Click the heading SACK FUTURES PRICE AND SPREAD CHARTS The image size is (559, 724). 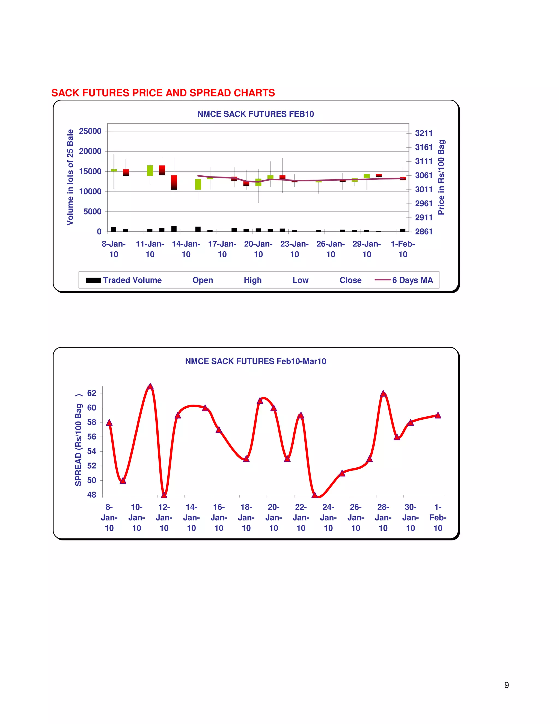pos(163,93)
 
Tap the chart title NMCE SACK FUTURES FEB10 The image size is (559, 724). pos(255,114)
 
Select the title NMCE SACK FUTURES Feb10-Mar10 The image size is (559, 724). pos(255,361)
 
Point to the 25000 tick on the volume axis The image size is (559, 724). pos(90,131)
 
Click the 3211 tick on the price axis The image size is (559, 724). pos(424,133)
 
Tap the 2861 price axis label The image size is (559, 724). pos(424,231)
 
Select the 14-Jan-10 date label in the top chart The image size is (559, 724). pos(186,249)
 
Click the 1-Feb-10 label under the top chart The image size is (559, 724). pos(403,249)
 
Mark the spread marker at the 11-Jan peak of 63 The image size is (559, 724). pos(150,387)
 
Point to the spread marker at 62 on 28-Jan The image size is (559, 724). pos(383,394)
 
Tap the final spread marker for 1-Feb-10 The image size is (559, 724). pos(438,415)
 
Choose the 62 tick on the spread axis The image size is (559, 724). pos(91,393)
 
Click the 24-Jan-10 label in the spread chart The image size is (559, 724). pos(328,517)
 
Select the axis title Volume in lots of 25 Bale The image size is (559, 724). pos(70,177)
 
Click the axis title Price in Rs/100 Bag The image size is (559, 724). pos(441,177)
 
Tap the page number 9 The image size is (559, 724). pos(506,685)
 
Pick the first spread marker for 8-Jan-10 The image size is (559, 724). pos(109,423)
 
